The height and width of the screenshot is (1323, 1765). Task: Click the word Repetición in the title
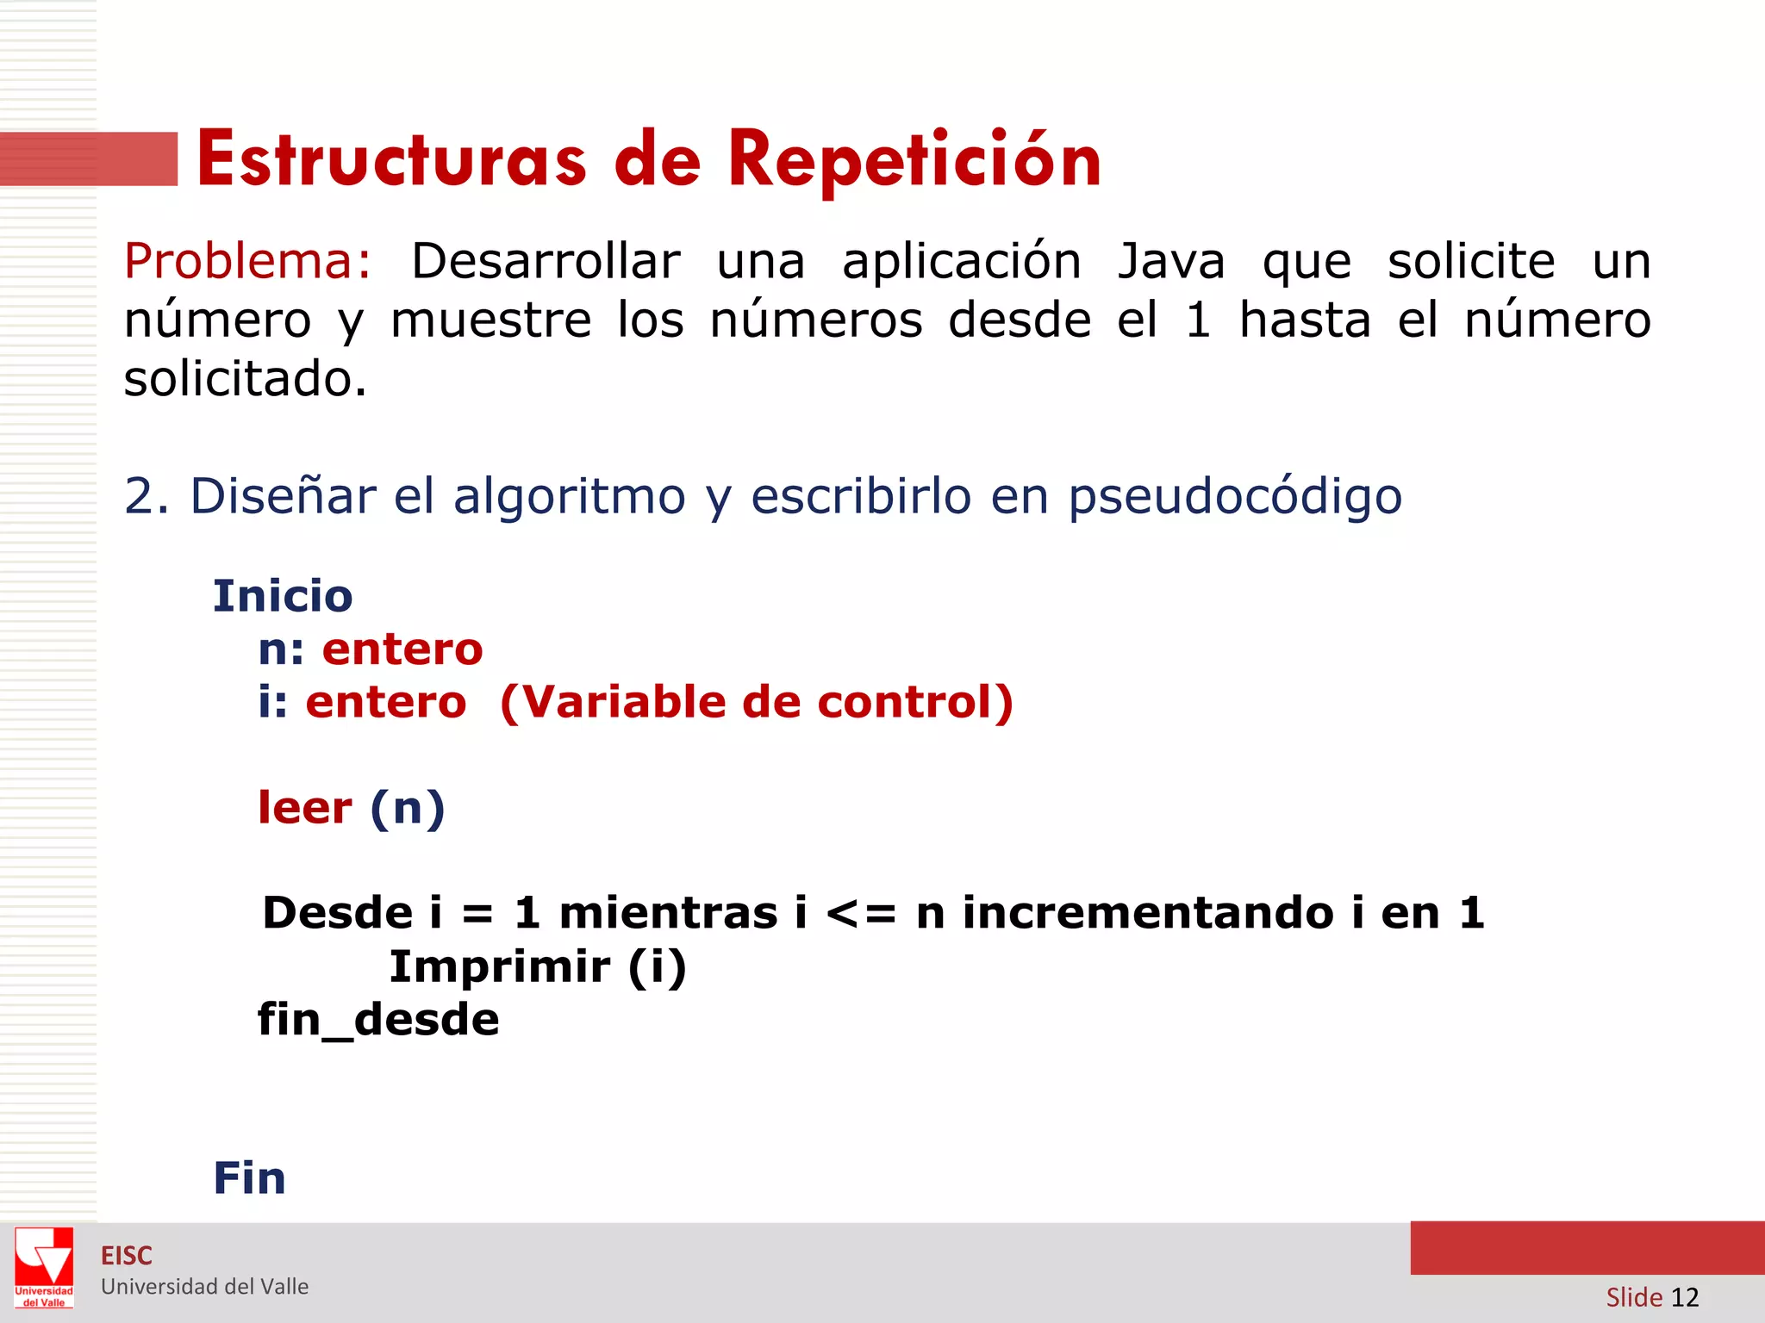pos(914,160)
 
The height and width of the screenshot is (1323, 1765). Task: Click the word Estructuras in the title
pos(392,160)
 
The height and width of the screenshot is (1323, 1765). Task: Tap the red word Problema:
pos(247,261)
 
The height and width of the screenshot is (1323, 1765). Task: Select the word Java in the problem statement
pos(1171,261)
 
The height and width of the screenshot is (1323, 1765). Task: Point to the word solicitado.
pos(246,379)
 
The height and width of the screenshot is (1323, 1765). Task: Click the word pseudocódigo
pos(1235,497)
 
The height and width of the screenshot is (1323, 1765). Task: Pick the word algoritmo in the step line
pos(570,497)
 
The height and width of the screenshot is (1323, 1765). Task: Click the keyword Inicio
pos(283,596)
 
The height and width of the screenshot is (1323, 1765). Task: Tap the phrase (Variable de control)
pos(756,702)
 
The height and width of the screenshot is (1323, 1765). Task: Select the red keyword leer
pos(305,808)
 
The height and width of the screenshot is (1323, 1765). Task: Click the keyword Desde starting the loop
pos(337,913)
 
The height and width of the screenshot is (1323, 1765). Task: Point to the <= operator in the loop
pos(861,913)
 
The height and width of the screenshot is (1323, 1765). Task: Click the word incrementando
pos(1148,913)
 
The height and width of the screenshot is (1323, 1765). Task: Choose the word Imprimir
pos(499,966)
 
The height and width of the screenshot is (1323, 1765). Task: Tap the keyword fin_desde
pos(378,1020)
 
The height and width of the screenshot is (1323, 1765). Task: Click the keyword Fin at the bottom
pos(249,1178)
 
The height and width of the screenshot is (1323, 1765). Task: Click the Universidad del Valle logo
pos(44,1266)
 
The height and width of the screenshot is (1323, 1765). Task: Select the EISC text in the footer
pos(127,1256)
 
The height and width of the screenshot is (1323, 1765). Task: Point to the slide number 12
pos(1684,1297)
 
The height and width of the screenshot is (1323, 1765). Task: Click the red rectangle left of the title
pos(89,159)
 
